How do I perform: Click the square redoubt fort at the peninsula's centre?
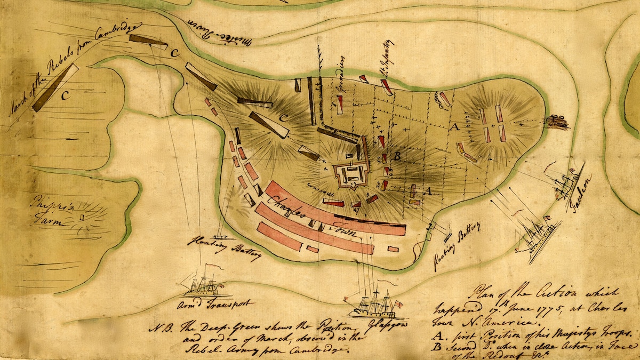pos(351,174)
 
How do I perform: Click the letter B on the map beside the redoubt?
pos(396,156)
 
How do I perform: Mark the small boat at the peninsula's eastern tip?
pos(556,122)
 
